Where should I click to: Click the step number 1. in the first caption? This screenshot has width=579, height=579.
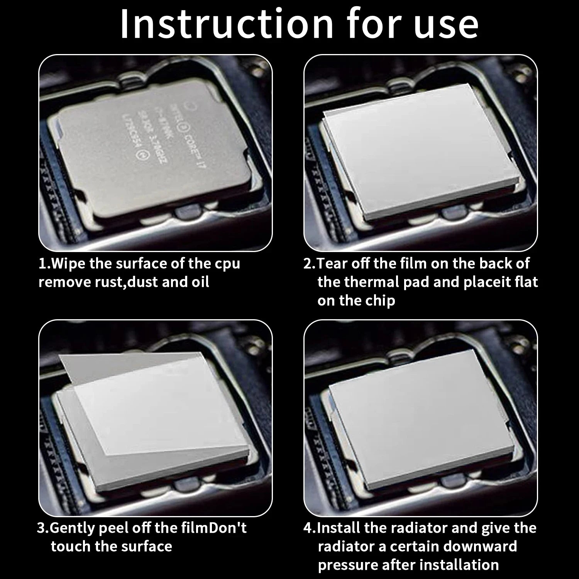click(44, 264)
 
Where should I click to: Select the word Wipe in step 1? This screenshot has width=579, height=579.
click(68, 264)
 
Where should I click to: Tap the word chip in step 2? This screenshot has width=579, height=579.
click(380, 301)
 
